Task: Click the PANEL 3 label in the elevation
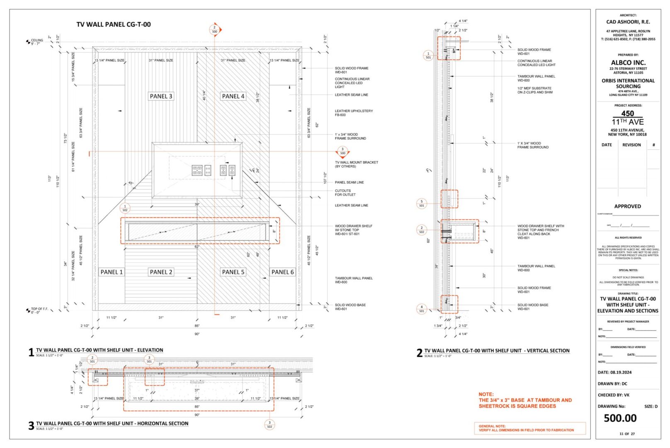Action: coord(161,96)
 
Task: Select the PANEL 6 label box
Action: coord(282,272)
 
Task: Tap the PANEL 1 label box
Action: coord(112,272)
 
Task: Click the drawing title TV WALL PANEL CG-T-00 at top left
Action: coord(113,24)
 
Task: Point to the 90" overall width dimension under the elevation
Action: coord(197,334)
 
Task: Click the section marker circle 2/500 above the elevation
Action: coord(214,29)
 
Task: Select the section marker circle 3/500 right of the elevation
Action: coord(342,151)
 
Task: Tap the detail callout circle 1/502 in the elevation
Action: coord(125,208)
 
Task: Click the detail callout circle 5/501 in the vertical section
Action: coord(422,203)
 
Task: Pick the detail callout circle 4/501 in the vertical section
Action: coord(422,309)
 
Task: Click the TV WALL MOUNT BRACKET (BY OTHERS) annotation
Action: coord(356,164)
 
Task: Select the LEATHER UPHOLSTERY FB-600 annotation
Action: coord(354,113)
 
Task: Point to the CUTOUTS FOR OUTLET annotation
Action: coord(345,192)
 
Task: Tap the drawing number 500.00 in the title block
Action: coord(620,418)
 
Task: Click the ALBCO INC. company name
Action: coord(628,63)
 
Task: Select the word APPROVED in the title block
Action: coord(627,206)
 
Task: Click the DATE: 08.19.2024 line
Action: coord(614,373)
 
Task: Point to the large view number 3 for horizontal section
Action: coord(31,426)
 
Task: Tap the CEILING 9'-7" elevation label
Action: coord(36,42)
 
